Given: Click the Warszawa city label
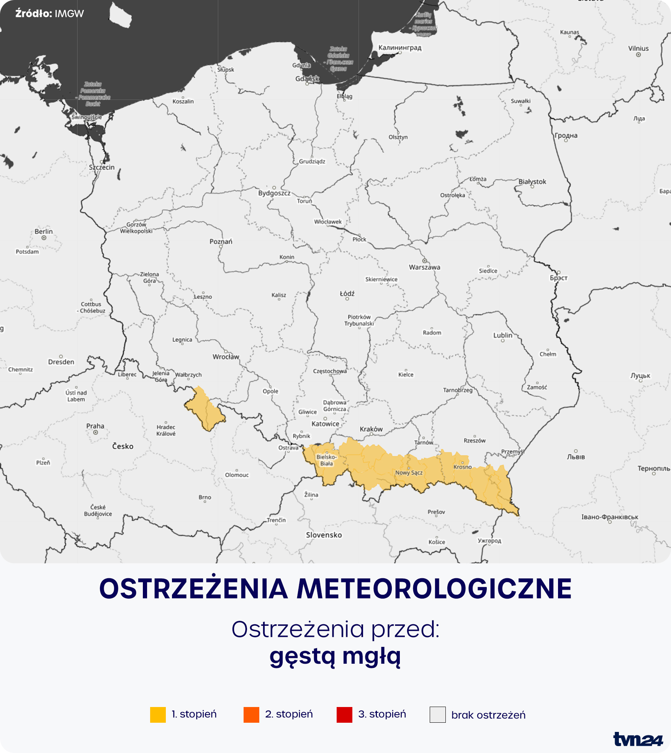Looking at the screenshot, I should coord(424,267).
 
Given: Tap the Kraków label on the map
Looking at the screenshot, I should coord(371,429).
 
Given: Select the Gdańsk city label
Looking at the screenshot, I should coord(307,79).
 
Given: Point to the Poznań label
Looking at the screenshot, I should coord(221,241).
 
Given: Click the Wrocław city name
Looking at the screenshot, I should coord(226,357).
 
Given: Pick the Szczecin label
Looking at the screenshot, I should coord(101,167).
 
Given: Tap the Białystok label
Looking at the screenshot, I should coord(532,182).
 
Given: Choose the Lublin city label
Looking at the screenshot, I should coord(502,335).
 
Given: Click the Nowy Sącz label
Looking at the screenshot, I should coord(409,472).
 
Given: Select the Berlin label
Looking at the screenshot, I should coord(44,231).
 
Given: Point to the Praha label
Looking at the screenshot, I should coord(95,426).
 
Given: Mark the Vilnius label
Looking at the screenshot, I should coord(638,48).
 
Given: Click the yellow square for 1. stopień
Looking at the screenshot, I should coord(158,714).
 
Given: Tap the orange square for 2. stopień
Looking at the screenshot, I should coord(251,714).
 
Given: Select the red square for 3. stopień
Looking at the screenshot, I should coord(344,714).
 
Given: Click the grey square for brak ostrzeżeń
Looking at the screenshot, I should coord(437,714).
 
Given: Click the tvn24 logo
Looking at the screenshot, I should coord(637,739).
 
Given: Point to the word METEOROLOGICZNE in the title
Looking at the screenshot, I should coord(434,589).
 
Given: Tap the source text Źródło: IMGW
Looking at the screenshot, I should coord(49,14).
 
